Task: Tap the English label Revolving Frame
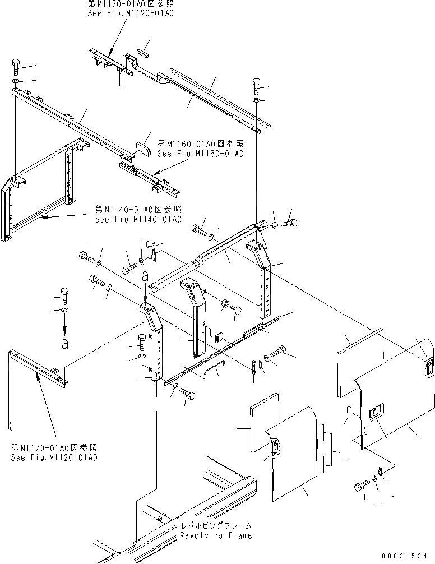(x=216, y=535)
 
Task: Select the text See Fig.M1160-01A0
(x=201, y=154)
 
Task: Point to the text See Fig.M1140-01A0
(x=138, y=219)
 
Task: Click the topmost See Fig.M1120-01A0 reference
(x=131, y=12)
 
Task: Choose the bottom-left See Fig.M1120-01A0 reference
(x=54, y=457)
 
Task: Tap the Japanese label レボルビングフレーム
(x=216, y=526)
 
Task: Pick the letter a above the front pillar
(x=145, y=275)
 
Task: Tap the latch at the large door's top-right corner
(x=429, y=367)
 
